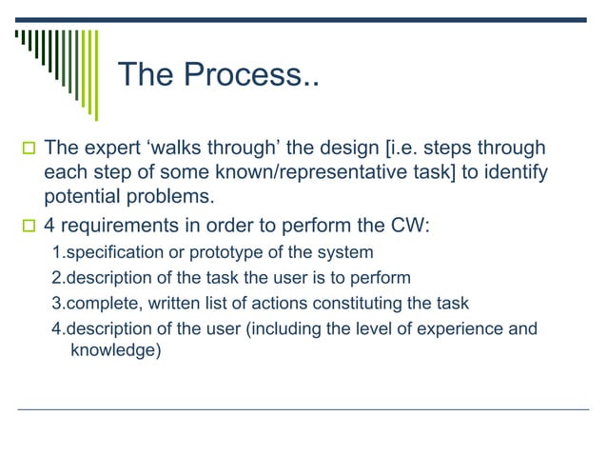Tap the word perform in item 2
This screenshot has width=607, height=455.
tap(382, 278)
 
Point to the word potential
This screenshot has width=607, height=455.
tap(82, 198)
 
